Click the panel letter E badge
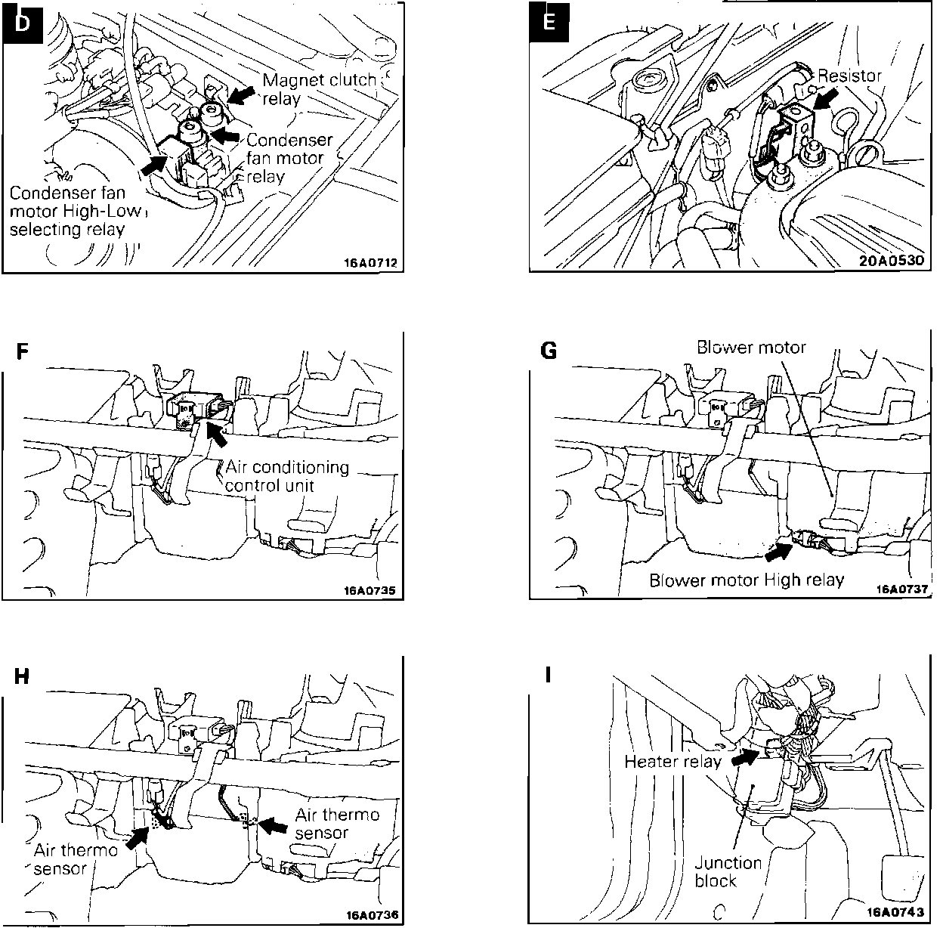(549, 23)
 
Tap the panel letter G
(549, 351)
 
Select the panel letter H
(22, 676)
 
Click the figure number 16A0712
(370, 263)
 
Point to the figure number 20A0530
(892, 261)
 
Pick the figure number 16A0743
(895, 912)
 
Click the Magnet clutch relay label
(319, 89)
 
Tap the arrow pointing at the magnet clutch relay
(241, 95)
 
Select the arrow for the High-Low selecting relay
(155, 165)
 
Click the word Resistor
(849, 76)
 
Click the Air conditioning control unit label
(287, 476)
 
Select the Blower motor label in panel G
(751, 348)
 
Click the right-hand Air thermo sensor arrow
(273, 826)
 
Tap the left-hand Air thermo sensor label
(76, 859)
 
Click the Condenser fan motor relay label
(289, 158)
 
